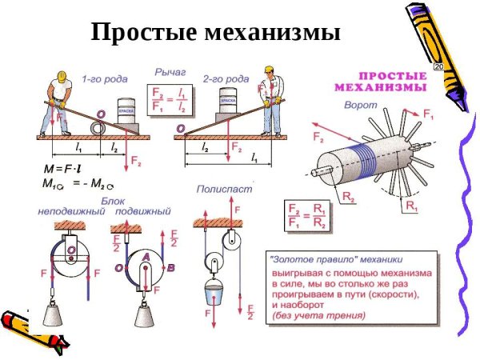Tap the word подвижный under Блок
tap(144, 212)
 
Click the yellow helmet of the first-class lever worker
tap(62, 78)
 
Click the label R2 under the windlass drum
tap(349, 195)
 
